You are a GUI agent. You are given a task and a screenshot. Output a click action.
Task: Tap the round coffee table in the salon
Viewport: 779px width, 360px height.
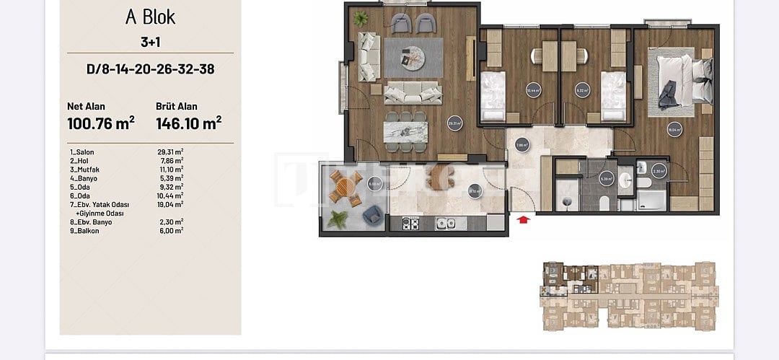(415, 54)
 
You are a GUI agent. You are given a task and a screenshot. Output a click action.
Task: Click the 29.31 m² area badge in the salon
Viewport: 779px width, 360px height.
(454, 122)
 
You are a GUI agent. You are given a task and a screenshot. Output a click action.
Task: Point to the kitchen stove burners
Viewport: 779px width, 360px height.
(410, 224)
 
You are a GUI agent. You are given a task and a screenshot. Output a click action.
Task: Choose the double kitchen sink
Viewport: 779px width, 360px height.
(446, 224)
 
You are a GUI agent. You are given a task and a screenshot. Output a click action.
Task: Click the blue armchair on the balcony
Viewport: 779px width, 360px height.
(373, 214)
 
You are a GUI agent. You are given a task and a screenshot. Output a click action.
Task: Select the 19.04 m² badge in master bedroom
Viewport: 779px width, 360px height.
(674, 131)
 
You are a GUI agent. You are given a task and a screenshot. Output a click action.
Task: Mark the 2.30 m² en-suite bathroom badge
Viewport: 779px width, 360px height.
(658, 172)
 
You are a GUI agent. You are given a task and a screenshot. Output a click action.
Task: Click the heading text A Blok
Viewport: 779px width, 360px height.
(150, 17)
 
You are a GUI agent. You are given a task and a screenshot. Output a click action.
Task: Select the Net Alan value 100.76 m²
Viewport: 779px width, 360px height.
(101, 123)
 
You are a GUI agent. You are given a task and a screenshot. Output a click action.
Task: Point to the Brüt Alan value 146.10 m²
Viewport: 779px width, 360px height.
(188, 123)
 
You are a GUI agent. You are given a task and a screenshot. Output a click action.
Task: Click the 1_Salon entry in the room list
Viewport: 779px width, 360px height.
(82, 152)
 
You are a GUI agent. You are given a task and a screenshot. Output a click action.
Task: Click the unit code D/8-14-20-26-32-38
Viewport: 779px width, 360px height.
(150, 69)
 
